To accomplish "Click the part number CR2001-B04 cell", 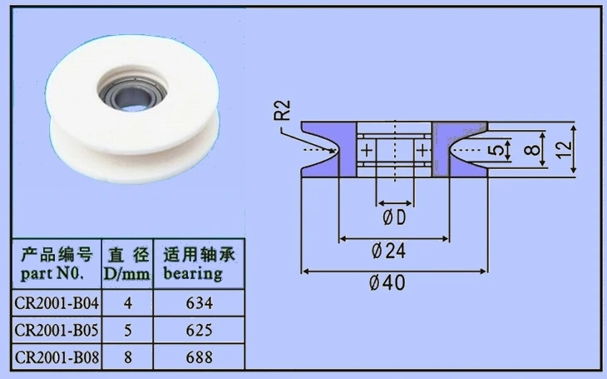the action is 57,303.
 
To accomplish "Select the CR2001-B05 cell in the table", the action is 57,330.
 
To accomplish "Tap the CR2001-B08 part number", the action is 57,357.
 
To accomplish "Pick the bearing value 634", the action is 200,303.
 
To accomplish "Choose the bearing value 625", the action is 200,330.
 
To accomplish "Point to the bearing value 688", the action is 200,357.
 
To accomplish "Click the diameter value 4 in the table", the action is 128,303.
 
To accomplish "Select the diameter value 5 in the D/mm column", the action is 128,330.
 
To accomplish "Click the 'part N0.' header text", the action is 52,274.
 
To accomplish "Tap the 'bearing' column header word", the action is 193,274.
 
